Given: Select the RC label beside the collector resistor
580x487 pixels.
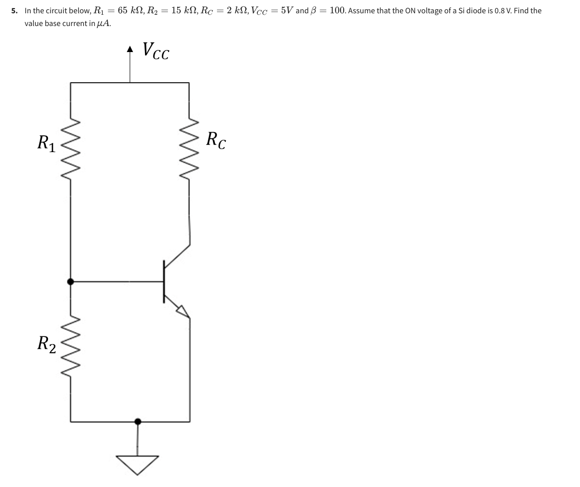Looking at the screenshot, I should [216, 140].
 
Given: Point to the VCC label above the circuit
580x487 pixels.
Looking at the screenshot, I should [156, 51].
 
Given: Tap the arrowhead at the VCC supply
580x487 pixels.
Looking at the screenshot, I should [130, 50].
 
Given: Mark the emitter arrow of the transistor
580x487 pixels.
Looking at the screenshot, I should [183, 310].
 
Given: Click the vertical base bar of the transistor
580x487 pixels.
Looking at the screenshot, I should [164, 281].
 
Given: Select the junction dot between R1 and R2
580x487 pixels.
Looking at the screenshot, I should [70, 281].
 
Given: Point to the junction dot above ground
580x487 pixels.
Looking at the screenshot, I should [137, 421].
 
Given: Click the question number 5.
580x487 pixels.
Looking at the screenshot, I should [15, 11].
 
